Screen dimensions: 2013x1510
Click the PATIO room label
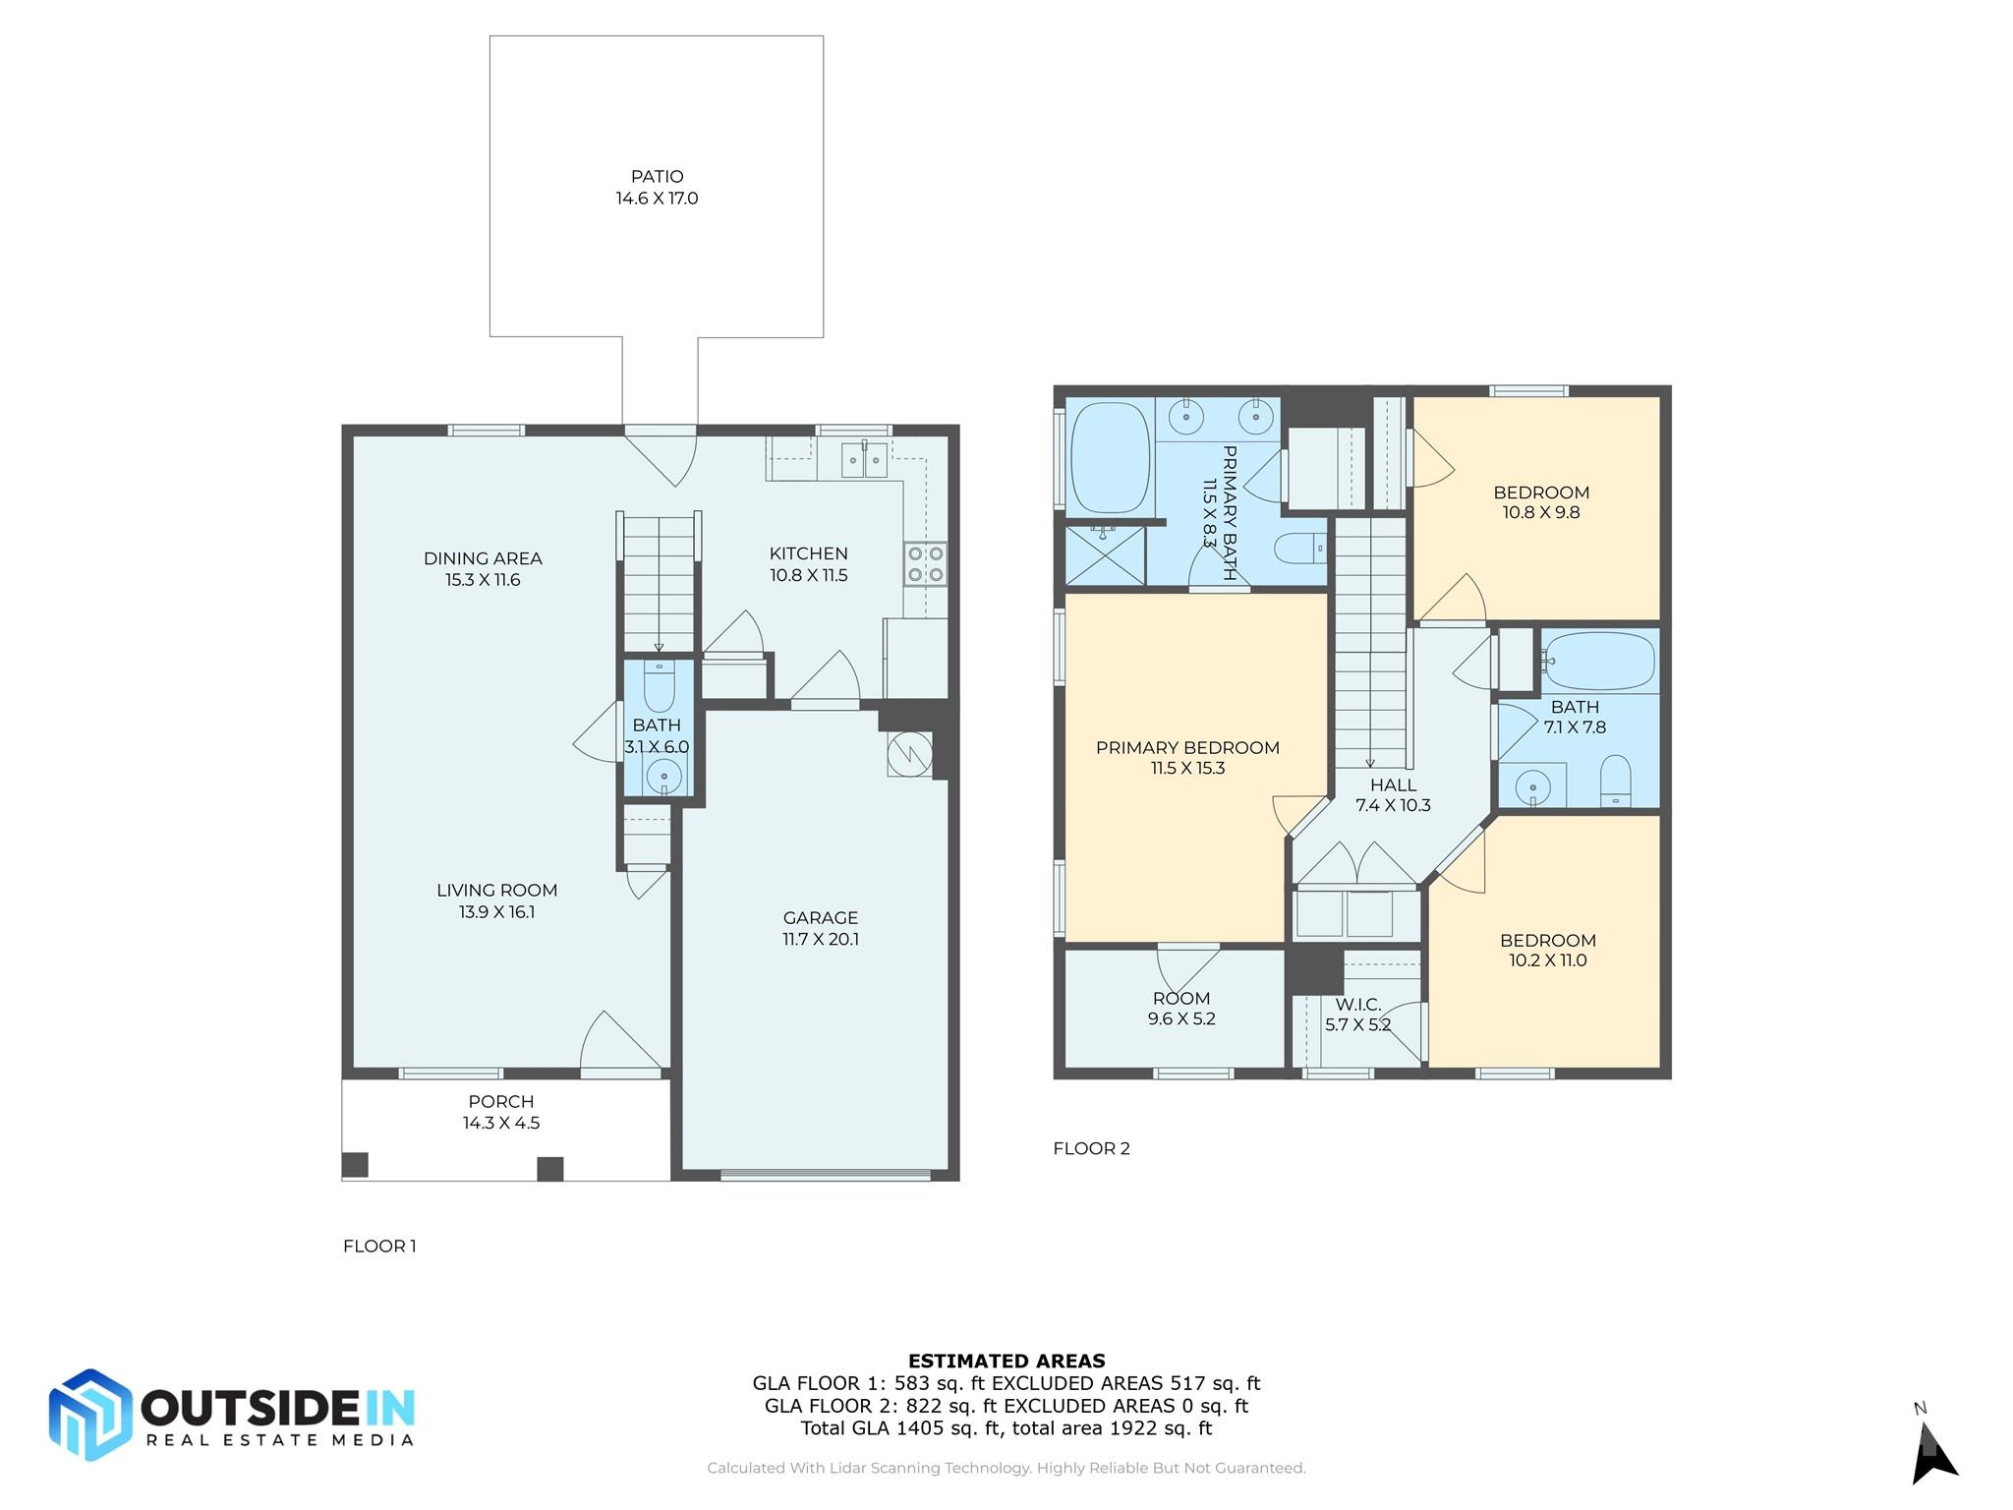(657, 177)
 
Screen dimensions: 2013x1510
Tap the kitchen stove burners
(926, 564)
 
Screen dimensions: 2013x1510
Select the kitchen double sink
(864, 460)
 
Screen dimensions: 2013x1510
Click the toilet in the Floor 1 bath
(659, 685)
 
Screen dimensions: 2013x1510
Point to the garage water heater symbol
(909, 754)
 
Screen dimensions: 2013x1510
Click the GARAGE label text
(821, 918)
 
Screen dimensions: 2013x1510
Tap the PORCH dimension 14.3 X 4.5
(501, 1123)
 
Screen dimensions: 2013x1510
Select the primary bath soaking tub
(1110, 457)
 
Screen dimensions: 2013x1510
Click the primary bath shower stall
(1106, 555)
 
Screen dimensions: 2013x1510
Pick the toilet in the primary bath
(1300, 547)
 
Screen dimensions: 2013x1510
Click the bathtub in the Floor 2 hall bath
(1598, 661)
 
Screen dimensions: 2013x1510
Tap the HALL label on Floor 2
(1394, 784)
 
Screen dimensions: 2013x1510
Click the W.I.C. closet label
(1358, 1005)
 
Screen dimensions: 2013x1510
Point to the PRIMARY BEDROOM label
(1187, 748)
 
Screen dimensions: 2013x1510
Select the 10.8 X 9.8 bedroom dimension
(1541, 512)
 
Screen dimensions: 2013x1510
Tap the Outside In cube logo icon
(90, 1415)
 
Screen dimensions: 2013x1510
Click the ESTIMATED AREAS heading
(1006, 1362)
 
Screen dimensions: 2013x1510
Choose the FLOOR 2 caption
(1091, 1148)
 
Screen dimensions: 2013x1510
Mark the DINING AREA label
(483, 558)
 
